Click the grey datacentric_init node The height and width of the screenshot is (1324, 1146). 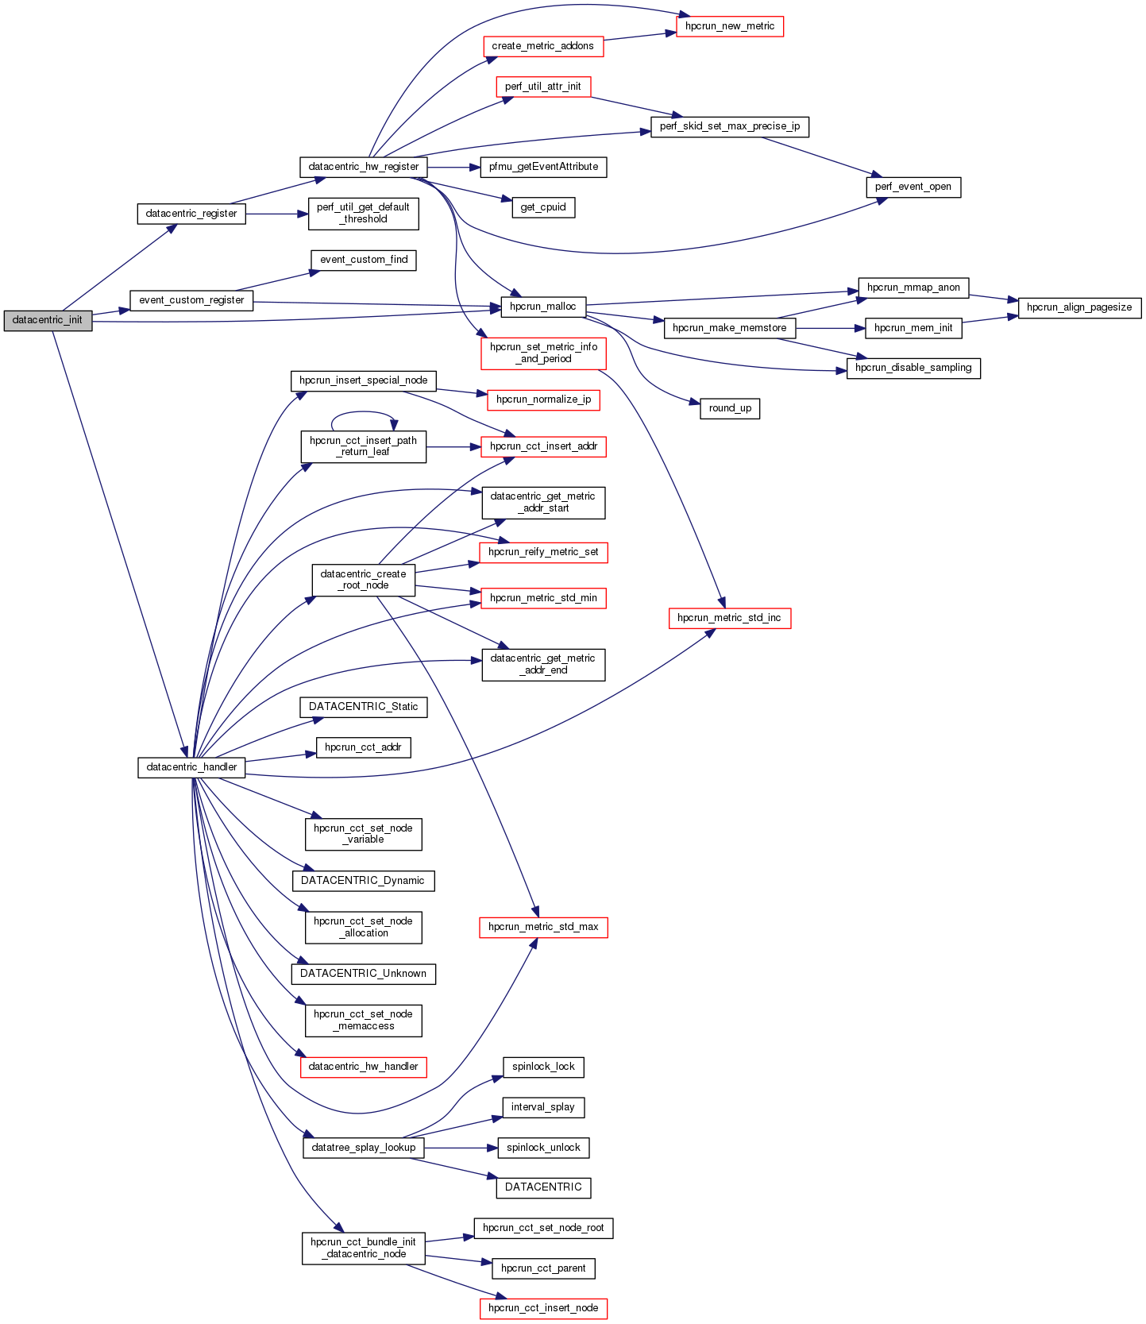[x=48, y=320]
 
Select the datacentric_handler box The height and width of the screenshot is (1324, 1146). [x=191, y=767]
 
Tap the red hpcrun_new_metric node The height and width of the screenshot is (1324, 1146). [x=729, y=26]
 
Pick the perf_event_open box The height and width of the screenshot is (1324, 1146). [x=913, y=187]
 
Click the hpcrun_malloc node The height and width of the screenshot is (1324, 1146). [x=543, y=307]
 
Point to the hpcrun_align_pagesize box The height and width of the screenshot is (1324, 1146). [x=1078, y=307]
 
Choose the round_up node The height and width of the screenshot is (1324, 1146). [x=730, y=408]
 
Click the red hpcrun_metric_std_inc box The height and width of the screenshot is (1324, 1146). [x=729, y=618]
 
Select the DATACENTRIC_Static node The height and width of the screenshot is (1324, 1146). [x=363, y=707]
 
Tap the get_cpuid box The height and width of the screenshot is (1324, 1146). [x=543, y=207]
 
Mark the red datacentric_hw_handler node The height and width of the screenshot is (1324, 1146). [x=363, y=1067]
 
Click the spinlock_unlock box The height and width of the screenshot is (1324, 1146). [x=543, y=1148]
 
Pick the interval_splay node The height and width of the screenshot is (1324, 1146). [x=543, y=1107]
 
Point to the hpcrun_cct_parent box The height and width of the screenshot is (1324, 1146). [x=543, y=1268]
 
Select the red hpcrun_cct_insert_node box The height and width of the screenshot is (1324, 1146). [x=543, y=1308]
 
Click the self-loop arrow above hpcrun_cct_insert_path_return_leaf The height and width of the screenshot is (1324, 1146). [x=363, y=412]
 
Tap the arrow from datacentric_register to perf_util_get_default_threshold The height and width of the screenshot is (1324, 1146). [x=277, y=214]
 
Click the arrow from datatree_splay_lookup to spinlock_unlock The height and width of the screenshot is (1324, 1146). [x=461, y=1148]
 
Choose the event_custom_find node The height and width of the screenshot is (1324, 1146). [x=364, y=260]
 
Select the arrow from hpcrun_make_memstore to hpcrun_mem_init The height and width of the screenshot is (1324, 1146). [x=830, y=328]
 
